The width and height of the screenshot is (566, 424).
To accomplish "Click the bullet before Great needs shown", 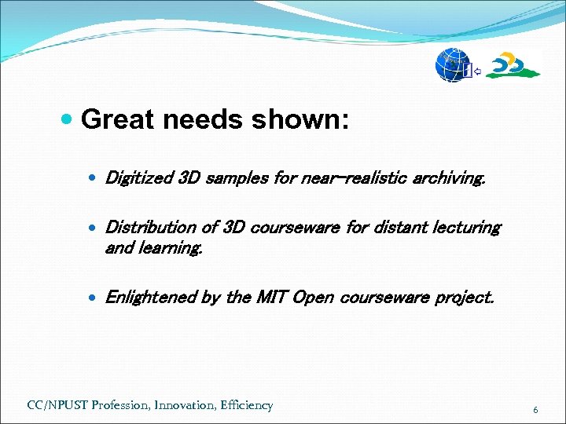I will click(68, 120).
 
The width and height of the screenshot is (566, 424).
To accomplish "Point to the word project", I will click(467, 298).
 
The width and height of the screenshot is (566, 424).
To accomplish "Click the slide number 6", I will click(535, 410).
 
